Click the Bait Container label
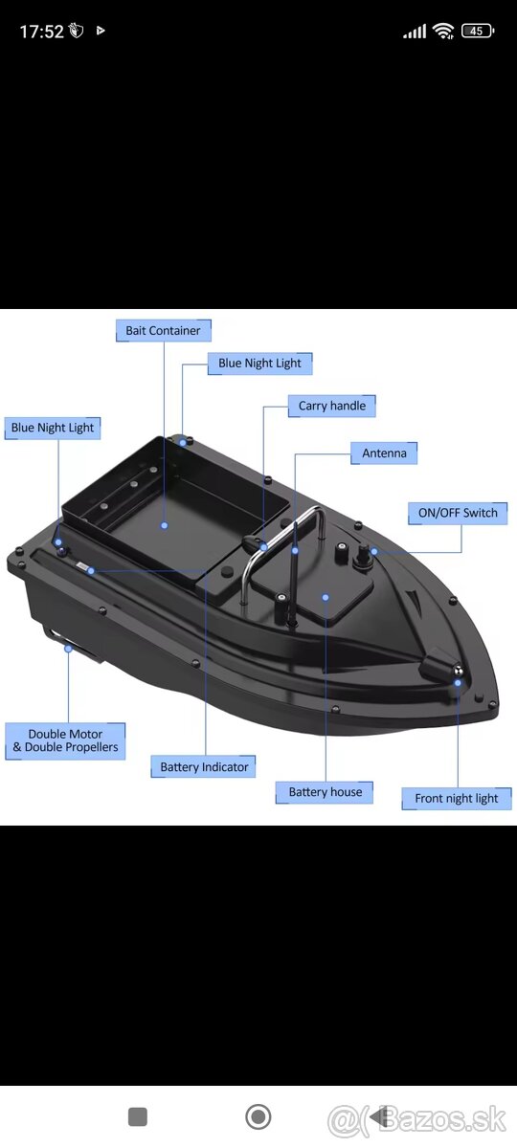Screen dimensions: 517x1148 pos(163,331)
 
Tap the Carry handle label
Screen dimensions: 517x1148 pos(332,406)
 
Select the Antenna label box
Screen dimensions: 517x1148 pos(384,453)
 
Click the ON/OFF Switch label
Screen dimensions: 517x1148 pos(458,513)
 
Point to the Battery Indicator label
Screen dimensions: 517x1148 pos(204,766)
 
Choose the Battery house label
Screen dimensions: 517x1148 pos(325,792)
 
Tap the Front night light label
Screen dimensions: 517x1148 pos(456,799)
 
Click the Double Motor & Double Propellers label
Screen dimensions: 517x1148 pos(65,741)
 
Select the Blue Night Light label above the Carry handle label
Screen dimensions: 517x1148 pos(259,364)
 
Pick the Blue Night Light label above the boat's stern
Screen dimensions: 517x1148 pos(53,428)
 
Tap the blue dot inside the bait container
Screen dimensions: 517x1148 pos(164,525)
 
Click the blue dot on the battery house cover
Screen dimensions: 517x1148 pos(326,597)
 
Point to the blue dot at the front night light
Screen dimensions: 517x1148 pos(458,683)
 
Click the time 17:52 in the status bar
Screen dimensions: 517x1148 pos(41,32)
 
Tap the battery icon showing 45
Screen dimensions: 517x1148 pos(478,31)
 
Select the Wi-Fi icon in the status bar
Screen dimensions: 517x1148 pos(443,31)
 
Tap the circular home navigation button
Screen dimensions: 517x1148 pos(258,1116)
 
